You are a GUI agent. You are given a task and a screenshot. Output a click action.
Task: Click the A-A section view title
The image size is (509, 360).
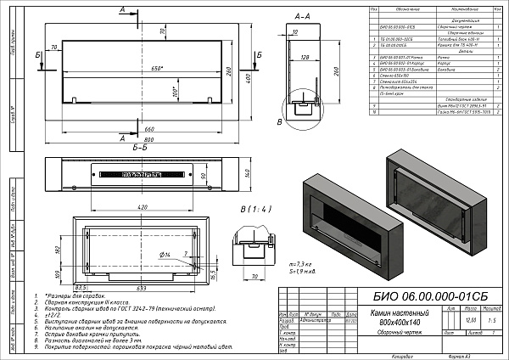300,16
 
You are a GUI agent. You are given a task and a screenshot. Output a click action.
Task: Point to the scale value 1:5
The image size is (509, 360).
492,321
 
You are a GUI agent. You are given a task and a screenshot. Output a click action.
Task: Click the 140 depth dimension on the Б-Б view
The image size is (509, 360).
248,173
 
